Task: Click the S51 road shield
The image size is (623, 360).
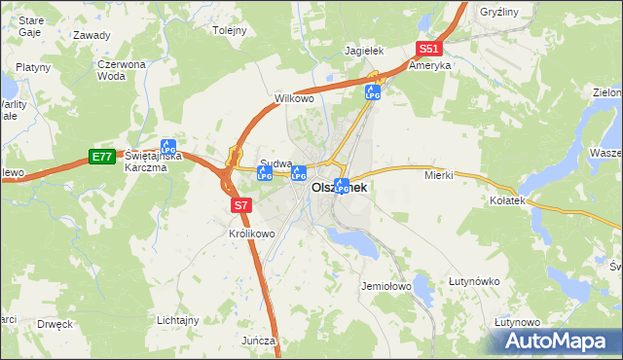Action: point(429,50)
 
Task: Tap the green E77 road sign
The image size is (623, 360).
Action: point(101,157)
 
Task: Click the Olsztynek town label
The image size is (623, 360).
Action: point(339,189)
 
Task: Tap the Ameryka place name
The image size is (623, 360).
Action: point(429,66)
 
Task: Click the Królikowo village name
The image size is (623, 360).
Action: point(252,234)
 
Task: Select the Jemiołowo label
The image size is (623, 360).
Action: point(387,287)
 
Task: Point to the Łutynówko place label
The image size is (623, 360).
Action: point(474,282)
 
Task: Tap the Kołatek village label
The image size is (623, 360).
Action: point(506,199)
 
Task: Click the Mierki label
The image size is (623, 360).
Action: point(440,176)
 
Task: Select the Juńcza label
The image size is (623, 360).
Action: point(260,341)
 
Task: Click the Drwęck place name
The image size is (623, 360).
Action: point(55,324)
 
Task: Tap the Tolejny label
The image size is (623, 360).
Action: point(230,30)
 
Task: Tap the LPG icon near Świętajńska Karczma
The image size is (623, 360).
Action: point(168,147)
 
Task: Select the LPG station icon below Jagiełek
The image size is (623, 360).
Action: point(372,91)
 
